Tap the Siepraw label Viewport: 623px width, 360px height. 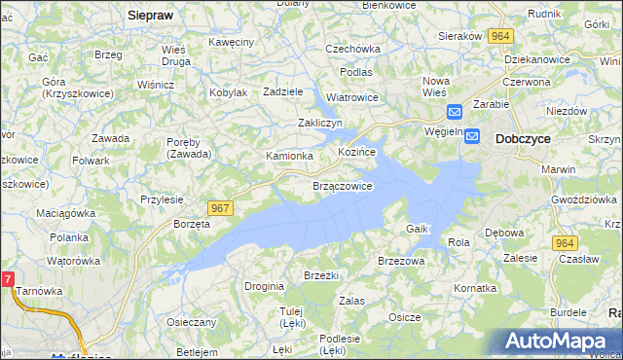point(150,16)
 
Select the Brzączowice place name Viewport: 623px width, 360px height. point(342,186)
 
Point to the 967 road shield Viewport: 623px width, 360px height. point(219,207)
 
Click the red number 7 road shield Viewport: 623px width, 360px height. point(8,279)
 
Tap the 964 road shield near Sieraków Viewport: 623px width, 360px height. point(500,35)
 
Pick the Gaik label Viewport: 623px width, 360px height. point(418,228)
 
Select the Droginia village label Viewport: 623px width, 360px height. point(264,286)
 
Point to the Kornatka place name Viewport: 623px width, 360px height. point(475,289)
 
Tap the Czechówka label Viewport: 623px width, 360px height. point(352,48)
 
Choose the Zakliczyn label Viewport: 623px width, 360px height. point(320,123)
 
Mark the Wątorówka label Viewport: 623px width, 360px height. point(74,261)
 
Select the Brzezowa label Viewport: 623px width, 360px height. point(401,261)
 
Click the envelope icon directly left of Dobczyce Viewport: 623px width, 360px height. point(472,137)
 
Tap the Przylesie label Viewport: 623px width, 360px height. point(162,198)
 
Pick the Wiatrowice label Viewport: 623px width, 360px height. point(351,97)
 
